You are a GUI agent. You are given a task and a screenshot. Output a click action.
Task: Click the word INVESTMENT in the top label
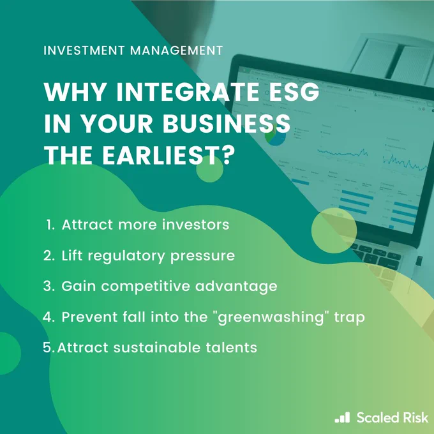(84, 50)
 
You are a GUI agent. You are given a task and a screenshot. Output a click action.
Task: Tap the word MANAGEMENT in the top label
(176, 50)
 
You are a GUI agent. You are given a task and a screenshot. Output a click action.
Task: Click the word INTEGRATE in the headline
(188, 92)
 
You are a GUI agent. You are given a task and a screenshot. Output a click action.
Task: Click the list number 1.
(50, 225)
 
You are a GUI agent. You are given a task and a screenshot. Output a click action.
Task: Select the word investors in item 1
(196, 225)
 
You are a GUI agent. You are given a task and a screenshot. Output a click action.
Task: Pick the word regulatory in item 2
(126, 256)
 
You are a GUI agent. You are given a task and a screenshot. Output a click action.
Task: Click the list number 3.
(49, 286)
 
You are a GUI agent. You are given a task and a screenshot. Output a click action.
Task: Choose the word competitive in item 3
(146, 286)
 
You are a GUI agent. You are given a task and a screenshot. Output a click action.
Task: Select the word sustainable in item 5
(156, 347)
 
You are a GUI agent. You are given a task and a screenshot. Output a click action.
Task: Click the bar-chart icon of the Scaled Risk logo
(342, 417)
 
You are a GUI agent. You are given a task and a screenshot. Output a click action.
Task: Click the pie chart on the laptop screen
(276, 135)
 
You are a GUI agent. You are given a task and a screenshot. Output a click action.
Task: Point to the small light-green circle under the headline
(209, 168)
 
